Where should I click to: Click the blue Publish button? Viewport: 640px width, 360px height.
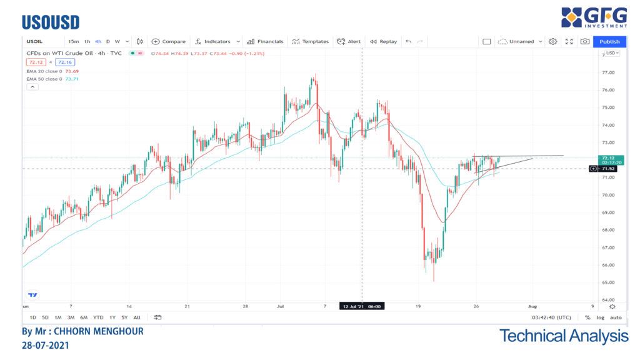pyautogui.click(x=609, y=41)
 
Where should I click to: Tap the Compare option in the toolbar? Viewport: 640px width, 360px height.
pyautogui.click(x=169, y=41)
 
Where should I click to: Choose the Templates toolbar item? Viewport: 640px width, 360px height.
pyautogui.click(x=310, y=41)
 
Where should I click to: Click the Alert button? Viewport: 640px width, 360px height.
pyautogui.click(x=349, y=41)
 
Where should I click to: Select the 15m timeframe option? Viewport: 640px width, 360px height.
pyautogui.click(x=74, y=41)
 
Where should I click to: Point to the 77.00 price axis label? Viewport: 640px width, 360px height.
pyautogui.click(x=607, y=72)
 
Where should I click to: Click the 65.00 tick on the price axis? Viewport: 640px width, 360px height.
pyautogui.click(x=607, y=282)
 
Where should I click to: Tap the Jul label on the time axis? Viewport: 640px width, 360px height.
pyautogui.click(x=280, y=306)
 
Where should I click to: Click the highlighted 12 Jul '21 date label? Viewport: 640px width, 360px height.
pyautogui.click(x=362, y=306)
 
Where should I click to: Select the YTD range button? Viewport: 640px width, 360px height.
pyautogui.click(x=98, y=317)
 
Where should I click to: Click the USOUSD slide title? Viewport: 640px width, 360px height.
pyautogui.click(x=51, y=23)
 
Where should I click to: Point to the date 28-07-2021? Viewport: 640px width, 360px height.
pyautogui.click(x=46, y=344)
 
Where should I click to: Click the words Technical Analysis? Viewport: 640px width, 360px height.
pyautogui.click(x=564, y=336)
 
